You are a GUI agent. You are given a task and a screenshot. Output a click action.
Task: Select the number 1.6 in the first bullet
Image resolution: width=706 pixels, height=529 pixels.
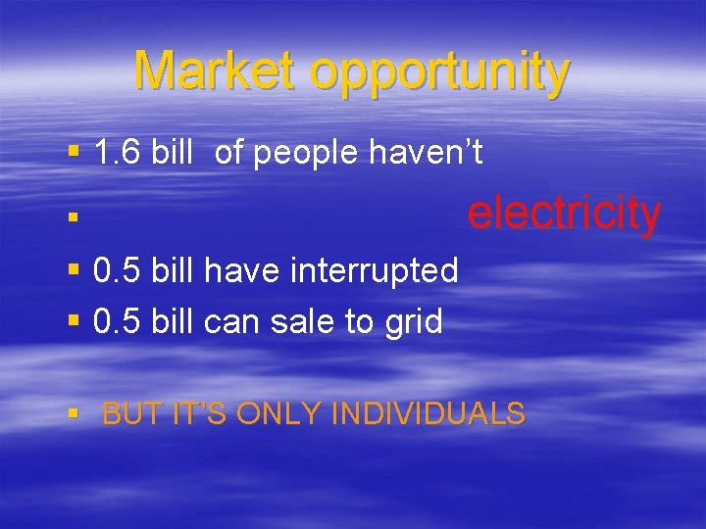pos(117,153)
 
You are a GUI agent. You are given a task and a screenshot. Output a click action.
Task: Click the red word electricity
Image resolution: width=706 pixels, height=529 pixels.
pos(564,214)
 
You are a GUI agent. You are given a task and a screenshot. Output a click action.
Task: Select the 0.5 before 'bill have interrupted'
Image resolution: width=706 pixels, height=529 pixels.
pos(117,270)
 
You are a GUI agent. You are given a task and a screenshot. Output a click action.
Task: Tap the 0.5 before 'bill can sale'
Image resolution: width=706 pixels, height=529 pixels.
pos(117,320)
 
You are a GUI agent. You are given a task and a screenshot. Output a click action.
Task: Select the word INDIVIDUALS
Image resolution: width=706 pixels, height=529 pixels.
pos(429,414)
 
